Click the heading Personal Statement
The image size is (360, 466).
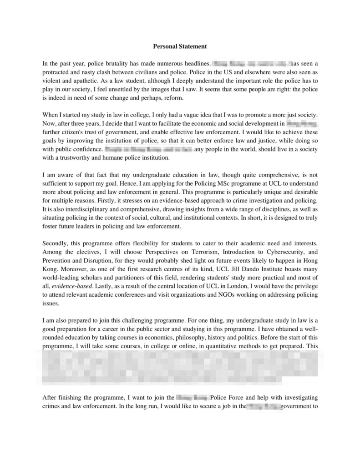(x=180, y=46)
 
